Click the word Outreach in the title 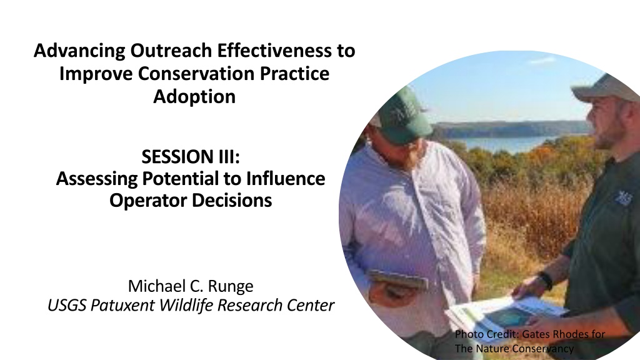pyautogui.click(x=171, y=51)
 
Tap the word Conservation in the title pyautogui.click(x=196, y=74)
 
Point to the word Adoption pyautogui.click(x=194, y=97)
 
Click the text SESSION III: pyautogui.click(x=191, y=157)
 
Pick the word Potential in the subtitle pyautogui.click(x=181, y=179)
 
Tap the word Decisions pyautogui.click(x=232, y=201)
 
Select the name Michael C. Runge pyautogui.click(x=191, y=286)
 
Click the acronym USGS pyautogui.click(x=67, y=305)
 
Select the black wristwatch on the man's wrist pyautogui.click(x=546, y=281)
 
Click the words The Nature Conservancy pyautogui.click(x=514, y=349)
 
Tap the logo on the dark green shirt pyautogui.click(x=623, y=198)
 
